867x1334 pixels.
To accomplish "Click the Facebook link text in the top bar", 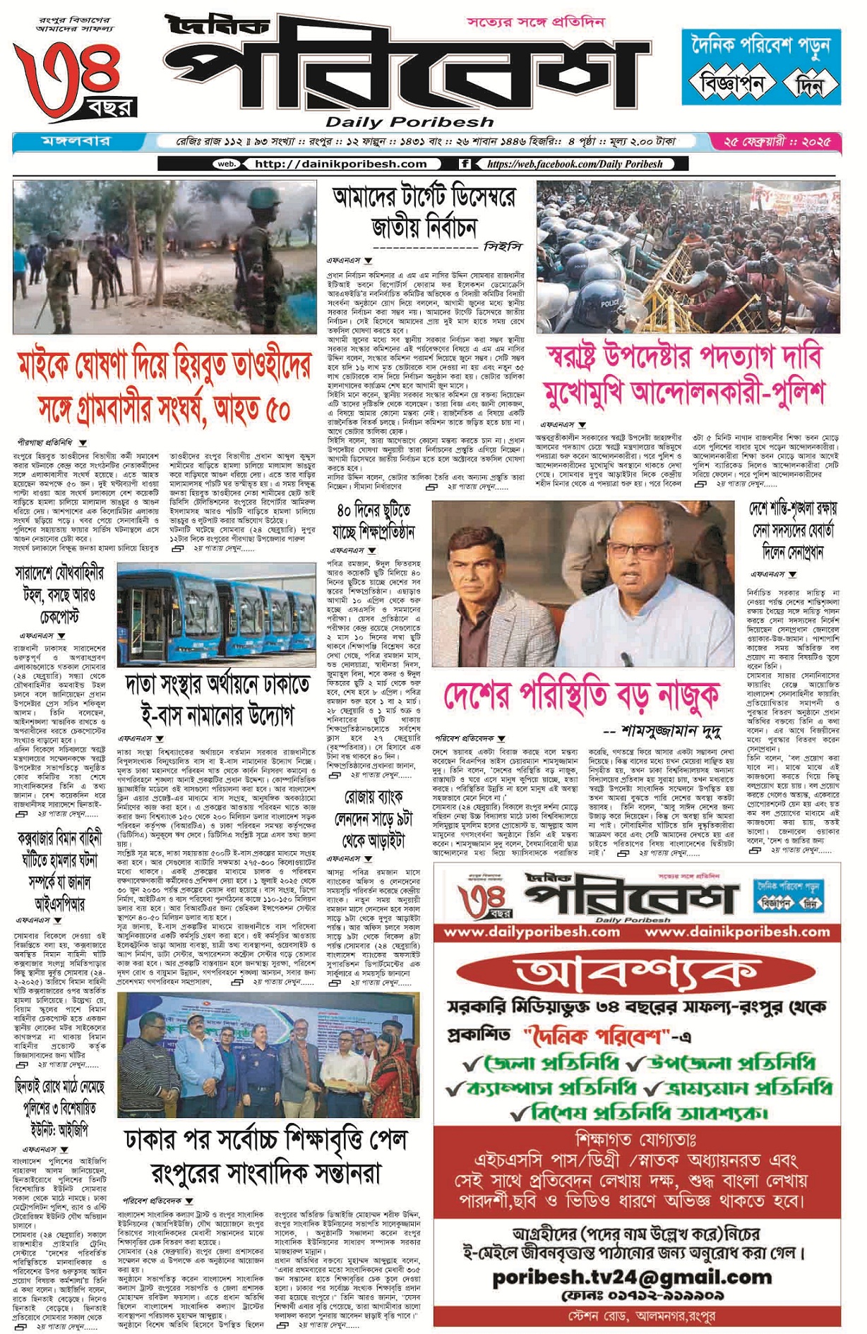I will tap(574, 164).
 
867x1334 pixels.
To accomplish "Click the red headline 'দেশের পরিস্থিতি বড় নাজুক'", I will tap(582, 695).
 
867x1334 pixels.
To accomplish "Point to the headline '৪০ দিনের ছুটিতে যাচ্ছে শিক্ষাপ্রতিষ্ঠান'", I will tap(374, 520).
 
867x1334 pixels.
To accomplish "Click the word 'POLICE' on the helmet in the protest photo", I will tap(609, 304).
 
